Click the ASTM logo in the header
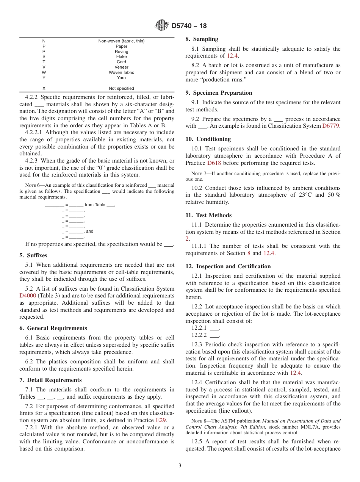tap(162, 26)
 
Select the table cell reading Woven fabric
tap(121, 72)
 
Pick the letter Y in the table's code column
tap(44, 78)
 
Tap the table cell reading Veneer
tap(121, 67)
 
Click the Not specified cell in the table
tap(121, 88)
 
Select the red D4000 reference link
tap(28, 296)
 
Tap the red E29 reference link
tap(160, 420)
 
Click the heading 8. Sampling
tap(202, 39)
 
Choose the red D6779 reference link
tap(331, 126)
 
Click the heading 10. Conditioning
tap(208, 139)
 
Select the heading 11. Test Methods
tap(208, 215)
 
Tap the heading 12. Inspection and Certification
tap(228, 266)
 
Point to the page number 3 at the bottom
tap(180, 466)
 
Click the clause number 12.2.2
tap(199, 335)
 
